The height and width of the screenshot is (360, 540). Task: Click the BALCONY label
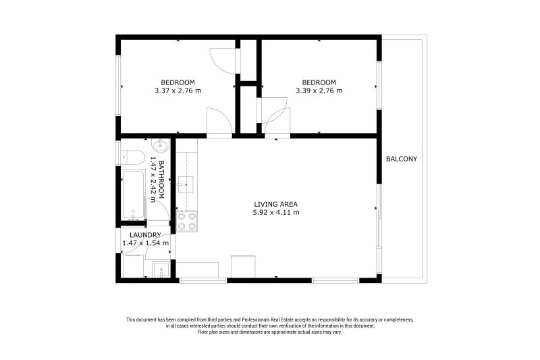tap(401, 159)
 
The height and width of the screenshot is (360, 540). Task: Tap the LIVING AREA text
tap(276, 204)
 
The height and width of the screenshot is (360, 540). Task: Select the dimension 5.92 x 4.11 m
tap(276, 213)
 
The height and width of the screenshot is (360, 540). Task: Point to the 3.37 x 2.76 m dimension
tap(178, 91)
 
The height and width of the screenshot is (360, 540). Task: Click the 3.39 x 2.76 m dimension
tap(319, 91)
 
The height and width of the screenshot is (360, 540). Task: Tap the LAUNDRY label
tap(145, 235)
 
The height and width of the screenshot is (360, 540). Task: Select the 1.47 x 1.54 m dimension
tap(146, 243)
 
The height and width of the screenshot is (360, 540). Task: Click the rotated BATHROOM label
tap(161, 180)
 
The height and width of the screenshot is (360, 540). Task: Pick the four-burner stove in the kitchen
tap(187, 221)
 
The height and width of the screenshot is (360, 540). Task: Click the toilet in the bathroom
tap(134, 157)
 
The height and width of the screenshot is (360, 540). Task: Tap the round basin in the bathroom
tap(160, 146)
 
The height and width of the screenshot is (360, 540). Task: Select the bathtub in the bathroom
tap(133, 195)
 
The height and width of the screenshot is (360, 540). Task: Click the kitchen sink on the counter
tap(185, 185)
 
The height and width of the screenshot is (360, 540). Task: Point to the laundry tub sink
tap(161, 269)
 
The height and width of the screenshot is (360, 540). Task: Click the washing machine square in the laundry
tap(133, 266)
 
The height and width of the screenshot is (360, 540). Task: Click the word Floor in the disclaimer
tap(202, 332)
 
